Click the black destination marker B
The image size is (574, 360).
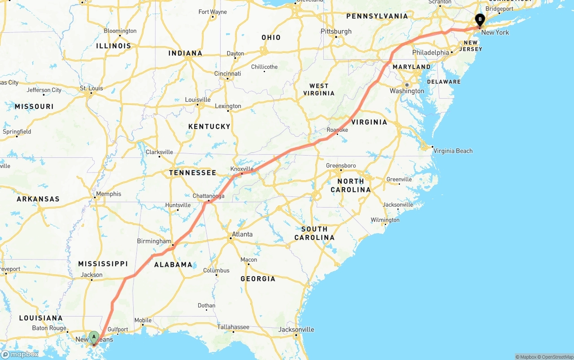tap(480, 20)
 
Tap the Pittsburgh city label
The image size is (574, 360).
tap(336, 31)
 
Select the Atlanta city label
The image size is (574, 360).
tap(242, 234)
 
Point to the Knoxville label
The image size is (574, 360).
tap(242, 169)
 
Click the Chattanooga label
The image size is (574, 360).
tap(208, 196)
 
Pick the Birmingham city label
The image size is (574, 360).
tap(154, 241)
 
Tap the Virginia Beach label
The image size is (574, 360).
tap(452, 151)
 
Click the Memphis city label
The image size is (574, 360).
tap(109, 194)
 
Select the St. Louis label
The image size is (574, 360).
tap(91, 88)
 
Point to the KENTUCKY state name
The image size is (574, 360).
tap(209, 126)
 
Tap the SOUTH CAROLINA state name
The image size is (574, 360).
tap(314, 233)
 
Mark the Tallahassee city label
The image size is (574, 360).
tap(233, 327)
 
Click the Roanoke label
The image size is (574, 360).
tap(337, 130)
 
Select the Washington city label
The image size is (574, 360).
tap(407, 91)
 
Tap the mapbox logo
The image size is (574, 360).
tap(20, 354)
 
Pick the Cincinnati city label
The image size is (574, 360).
tap(227, 74)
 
